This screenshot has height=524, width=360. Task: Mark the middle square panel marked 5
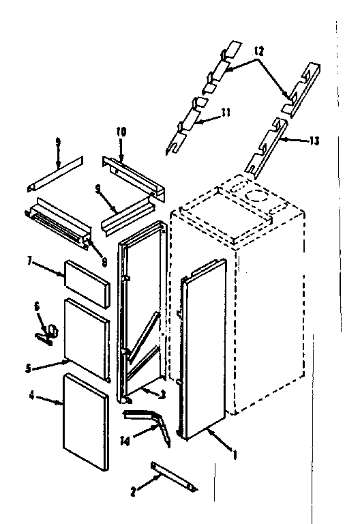pos(86,338)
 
